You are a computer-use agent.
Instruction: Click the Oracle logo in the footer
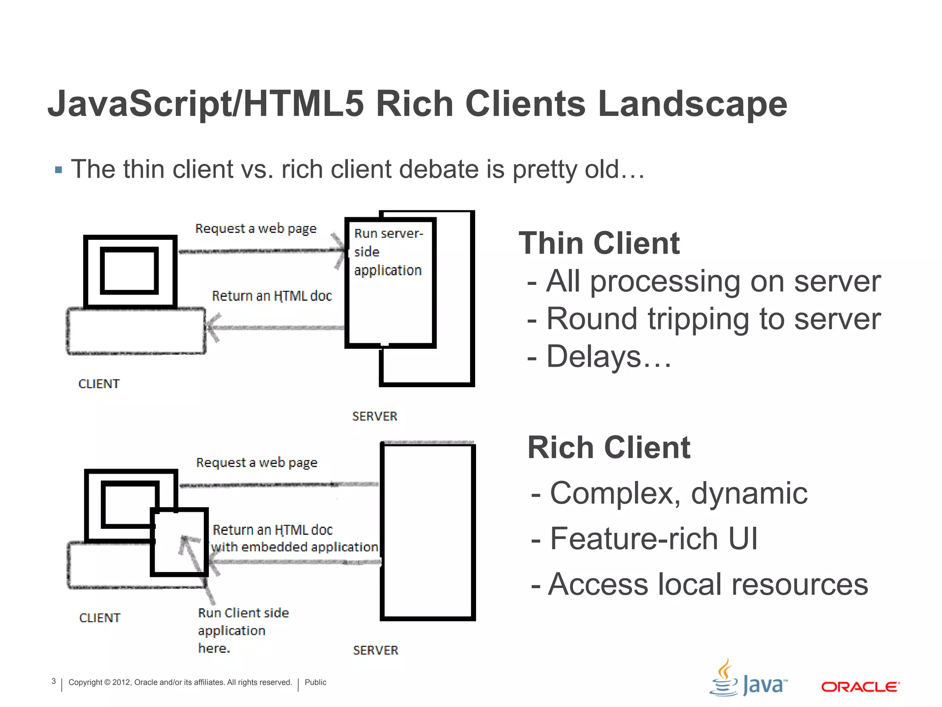pos(860,687)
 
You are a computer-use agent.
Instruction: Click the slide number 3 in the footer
pos(53,681)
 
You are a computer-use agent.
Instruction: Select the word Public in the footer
pos(315,682)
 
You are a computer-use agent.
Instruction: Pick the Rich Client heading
pos(609,447)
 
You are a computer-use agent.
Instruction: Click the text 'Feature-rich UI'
pos(653,539)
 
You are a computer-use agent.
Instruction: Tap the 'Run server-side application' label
pos(388,252)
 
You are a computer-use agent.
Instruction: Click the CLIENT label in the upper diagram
pos(99,384)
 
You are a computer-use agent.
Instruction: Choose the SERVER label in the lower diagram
pos(375,650)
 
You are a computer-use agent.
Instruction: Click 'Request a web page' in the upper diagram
pos(256,228)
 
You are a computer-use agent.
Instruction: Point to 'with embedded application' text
pos(294,547)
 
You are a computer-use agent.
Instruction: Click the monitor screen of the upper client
pos(129,271)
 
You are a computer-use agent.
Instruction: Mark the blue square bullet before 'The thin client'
pos(58,170)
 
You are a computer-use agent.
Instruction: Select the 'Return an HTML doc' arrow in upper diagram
pos(276,328)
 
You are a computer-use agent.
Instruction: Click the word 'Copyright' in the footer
pos(85,682)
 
